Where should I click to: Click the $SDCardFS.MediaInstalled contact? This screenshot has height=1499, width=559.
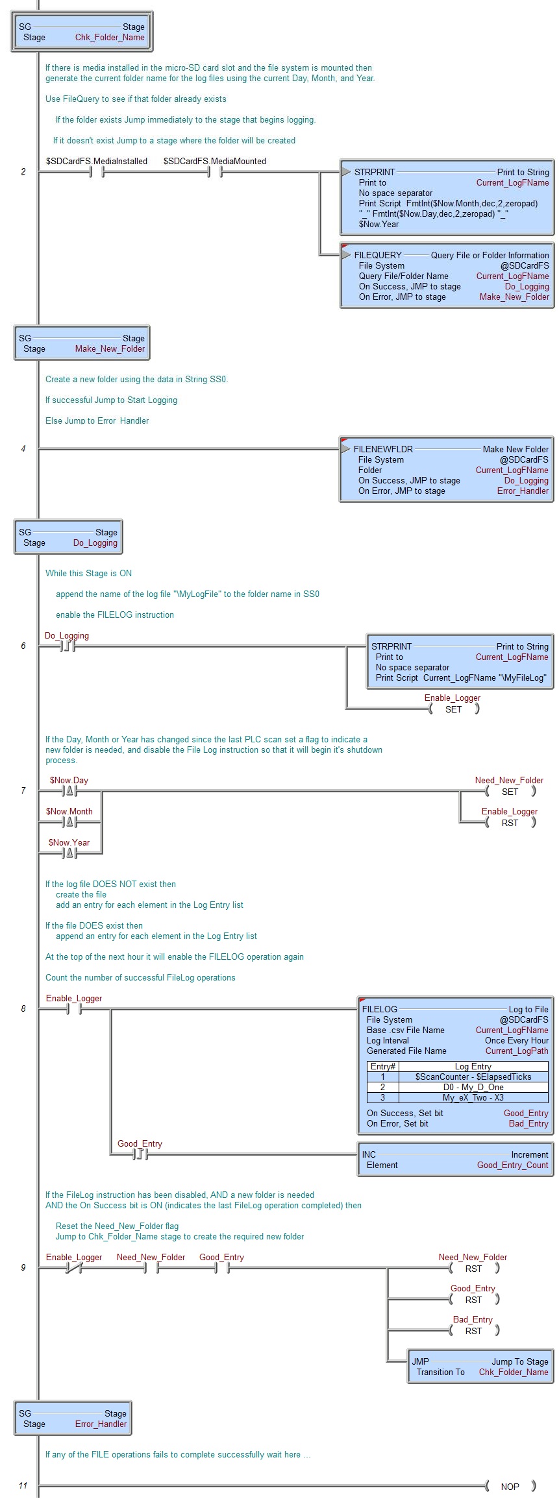click(x=96, y=172)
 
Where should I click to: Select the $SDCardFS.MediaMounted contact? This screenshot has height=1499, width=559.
click(x=214, y=172)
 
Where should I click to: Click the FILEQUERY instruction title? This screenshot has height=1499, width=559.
click(x=378, y=255)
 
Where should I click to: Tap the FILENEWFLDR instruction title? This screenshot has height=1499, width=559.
click(x=383, y=449)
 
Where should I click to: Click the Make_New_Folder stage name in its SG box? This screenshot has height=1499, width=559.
click(x=110, y=349)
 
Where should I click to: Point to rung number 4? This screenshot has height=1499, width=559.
click(x=23, y=448)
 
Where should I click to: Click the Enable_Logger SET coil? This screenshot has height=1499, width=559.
click(x=454, y=709)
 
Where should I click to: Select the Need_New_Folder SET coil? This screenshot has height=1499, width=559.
click(x=510, y=792)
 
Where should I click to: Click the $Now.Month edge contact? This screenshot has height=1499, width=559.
click(x=69, y=822)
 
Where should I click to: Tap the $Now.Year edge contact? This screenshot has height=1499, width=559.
click(x=69, y=853)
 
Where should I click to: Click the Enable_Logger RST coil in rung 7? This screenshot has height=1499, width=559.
click(x=510, y=823)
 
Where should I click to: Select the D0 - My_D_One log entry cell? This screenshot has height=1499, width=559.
click(x=473, y=1087)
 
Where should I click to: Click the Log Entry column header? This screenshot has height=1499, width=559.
click(x=473, y=1066)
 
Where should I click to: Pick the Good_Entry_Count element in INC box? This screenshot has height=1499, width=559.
click(x=512, y=1165)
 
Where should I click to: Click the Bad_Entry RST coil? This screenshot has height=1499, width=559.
click(x=474, y=1331)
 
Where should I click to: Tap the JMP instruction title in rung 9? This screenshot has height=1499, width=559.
click(x=420, y=1361)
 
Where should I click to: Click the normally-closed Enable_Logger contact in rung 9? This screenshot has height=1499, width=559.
click(x=73, y=1268)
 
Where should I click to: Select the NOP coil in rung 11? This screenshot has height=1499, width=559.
click(x=510, y=1487)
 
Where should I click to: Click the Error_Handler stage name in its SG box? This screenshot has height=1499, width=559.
click(x=101, y=1424)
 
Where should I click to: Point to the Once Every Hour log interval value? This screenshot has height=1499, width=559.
click(x=516, y=1040)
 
